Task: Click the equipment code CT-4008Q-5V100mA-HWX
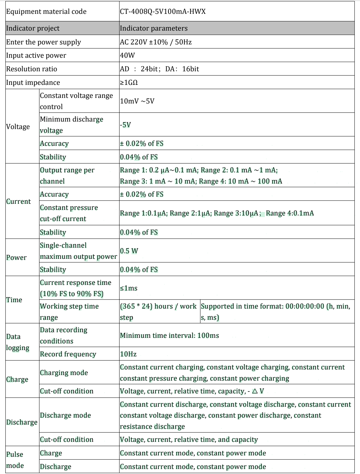pos(163,12)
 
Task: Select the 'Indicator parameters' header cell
pos(154,28)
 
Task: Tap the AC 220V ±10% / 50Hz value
pos(156,42)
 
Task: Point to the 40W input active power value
pos(127,55)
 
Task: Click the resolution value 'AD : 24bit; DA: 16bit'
pos(159,69)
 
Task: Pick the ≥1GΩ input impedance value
pos(129,82)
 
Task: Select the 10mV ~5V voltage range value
pos(137,101)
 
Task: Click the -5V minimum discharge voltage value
pos(125,125)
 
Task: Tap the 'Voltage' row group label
pos(18,127)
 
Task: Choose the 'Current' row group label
pos(18,201)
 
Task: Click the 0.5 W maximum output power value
pos(129,251)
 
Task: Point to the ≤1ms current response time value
pos(129,288)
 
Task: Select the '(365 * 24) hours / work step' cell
pos(158,311)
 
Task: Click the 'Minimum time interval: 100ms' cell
pos(169,335)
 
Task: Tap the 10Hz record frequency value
pos(128,354)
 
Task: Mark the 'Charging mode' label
pos(64,373)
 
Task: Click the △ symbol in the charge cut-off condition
pos(255,391)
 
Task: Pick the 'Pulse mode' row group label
pos(15,460)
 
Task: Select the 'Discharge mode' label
pos(65,415)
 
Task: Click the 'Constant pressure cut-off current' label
pos(69,213)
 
